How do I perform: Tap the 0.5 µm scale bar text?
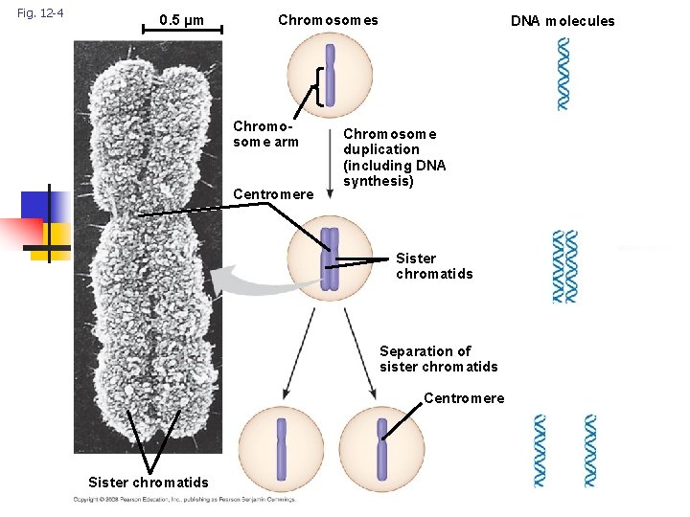click(181, 20)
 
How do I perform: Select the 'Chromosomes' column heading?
click(328, 20)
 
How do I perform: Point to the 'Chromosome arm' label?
click(265, 135)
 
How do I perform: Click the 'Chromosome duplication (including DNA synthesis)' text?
click(394, 158)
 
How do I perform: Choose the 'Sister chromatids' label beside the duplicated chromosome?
click(433, 266)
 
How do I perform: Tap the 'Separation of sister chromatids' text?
click(438, 359)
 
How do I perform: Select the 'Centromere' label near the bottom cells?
click(463, 398)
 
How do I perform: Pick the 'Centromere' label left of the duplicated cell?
click(273, 194)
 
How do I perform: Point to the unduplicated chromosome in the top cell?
click(329, 75)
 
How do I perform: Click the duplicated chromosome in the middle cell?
click(330, 258)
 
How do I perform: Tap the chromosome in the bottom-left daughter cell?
click(282, 448)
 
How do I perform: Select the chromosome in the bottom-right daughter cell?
click(381, 448)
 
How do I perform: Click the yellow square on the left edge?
click(56, 235)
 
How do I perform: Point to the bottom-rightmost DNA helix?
click(589, 451)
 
